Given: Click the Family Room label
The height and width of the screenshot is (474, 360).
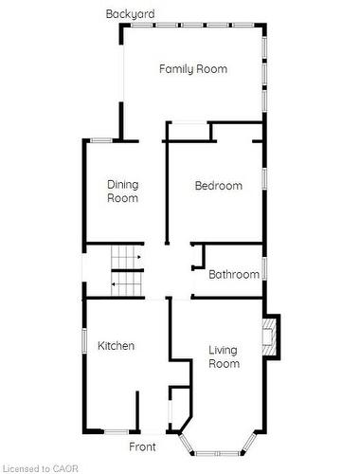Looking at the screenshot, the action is [x=193, y=69].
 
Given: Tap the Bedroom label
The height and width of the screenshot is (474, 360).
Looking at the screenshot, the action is [x=219, y=186].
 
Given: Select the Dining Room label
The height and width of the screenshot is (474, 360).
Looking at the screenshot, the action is [x=123, y=191].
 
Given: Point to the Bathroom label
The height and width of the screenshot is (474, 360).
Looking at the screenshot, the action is [x=234, y=274].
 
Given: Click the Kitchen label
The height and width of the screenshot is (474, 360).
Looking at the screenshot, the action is [x=116, y=345].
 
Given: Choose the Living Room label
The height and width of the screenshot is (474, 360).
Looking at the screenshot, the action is [x=224, y=356].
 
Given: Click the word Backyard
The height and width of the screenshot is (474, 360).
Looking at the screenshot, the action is [x=130, y=14].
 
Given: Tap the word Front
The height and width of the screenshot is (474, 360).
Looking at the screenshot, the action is [x=142, y=447].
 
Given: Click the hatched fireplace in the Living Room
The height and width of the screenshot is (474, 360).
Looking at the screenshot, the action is [x=269, y=337].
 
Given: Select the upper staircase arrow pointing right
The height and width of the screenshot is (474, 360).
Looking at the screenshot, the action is [x=138, y=257].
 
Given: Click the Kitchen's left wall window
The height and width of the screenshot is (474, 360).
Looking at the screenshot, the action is [x=84, y=340].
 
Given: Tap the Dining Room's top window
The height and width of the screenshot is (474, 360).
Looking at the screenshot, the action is [x=101, y=140].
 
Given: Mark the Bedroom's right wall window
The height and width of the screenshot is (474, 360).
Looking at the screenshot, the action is [x=264, y=178].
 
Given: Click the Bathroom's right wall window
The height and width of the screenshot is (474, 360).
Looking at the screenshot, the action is [x=264, y=268].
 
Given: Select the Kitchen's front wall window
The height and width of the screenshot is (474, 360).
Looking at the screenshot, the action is [x=117, y=431].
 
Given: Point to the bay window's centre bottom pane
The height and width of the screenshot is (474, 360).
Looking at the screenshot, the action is [x=217, y=453].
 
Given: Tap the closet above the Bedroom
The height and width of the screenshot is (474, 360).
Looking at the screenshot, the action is [x=189, y=132].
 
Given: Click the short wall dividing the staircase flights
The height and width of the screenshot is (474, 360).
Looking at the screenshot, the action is [x=128, y=270].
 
